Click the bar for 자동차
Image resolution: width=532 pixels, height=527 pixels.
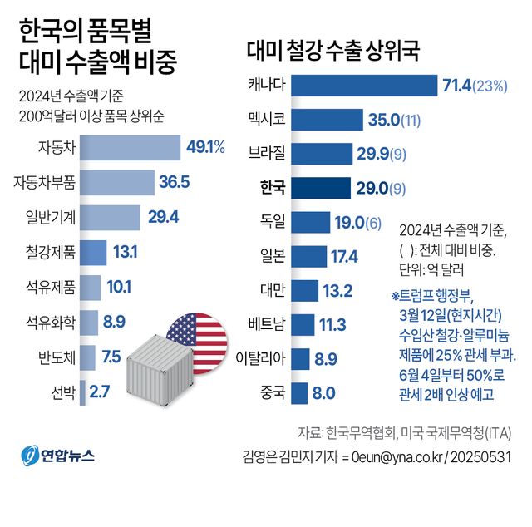coord(130,147)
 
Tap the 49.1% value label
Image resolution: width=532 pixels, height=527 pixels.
coord(205,147)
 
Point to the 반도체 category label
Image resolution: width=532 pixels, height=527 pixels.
coord(57,357)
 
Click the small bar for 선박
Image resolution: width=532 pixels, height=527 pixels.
coord(82,392)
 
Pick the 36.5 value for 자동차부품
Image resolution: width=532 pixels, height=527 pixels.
coord(175,182)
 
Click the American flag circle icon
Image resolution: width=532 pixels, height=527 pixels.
coord(196,336)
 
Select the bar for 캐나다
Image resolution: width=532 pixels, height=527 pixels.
coord(366,85)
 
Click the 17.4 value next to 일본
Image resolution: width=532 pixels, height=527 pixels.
coord(343,255)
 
